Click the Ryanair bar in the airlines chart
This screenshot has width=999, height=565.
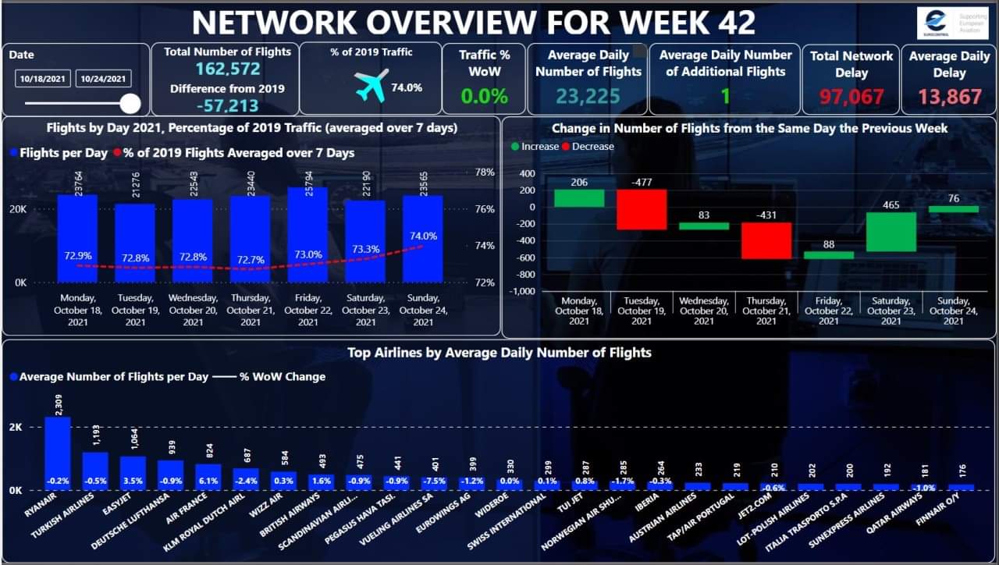click(57, 453)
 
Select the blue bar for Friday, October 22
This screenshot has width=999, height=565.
click(308, 234)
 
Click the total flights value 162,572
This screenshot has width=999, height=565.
click(227, 69)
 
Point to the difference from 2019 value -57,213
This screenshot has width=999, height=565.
click(227, 106)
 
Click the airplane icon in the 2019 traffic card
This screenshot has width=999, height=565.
click(371, 87)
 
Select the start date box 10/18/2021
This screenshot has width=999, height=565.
click(43, 79)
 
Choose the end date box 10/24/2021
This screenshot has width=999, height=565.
click(103, 79)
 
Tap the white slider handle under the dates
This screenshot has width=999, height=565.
click(130, 104)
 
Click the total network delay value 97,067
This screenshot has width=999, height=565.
click(851, 97)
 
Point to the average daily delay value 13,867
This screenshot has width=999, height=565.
click(949, 97)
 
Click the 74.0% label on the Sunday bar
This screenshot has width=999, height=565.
click(423, 236)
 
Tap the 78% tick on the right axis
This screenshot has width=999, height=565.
click(485, 172)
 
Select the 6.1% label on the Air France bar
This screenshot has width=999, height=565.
click(208, 481)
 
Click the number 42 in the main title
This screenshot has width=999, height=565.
click(734, 23)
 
